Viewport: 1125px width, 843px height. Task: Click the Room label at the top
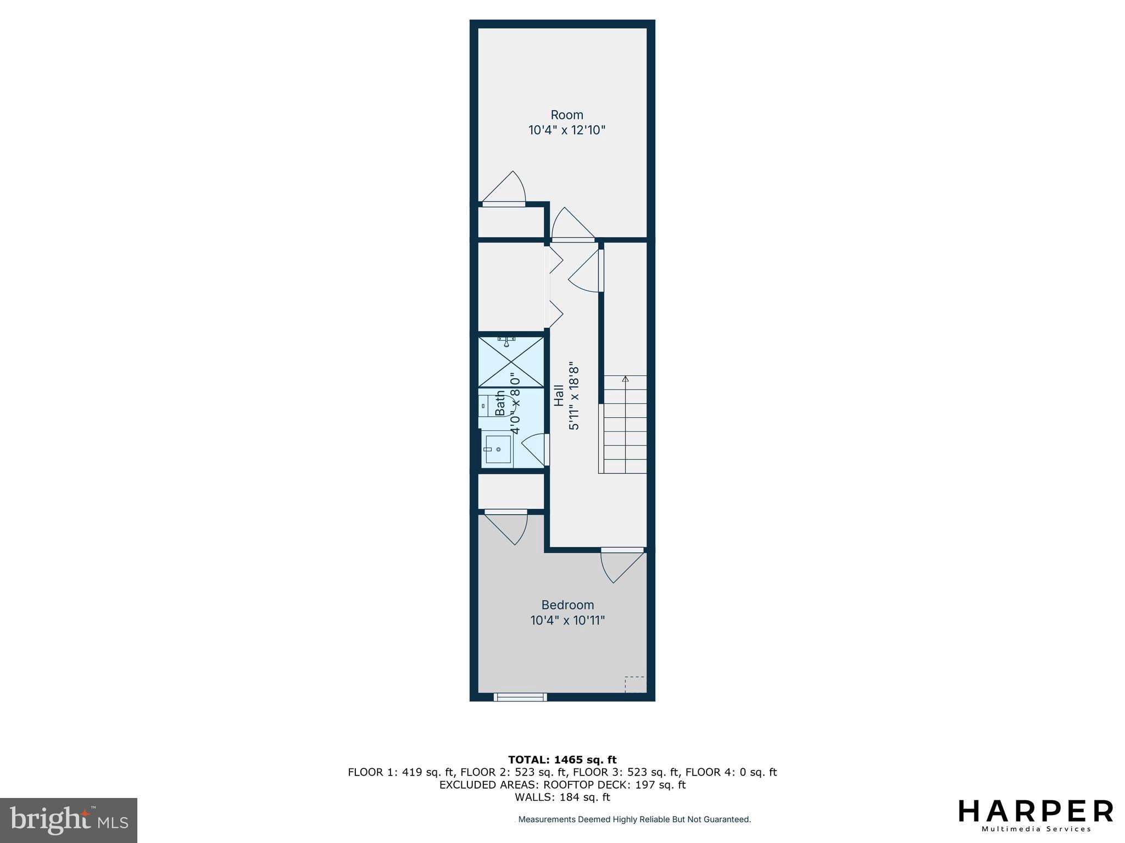[567, 115]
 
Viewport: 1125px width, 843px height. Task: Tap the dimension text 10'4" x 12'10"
[567, 131]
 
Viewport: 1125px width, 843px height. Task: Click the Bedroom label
[567, 605]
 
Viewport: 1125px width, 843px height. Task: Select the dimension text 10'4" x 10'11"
[567, 621]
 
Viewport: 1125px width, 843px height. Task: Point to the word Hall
[559, 395]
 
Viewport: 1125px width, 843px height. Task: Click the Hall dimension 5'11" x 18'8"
[575, 395]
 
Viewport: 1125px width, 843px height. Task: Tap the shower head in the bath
[509, 342]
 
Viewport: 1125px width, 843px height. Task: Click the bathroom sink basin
[498, 449]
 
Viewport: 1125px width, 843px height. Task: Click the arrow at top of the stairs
[625, 379]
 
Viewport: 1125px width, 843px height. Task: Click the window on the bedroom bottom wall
[520, 697]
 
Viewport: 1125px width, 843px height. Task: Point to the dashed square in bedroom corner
[634, 684]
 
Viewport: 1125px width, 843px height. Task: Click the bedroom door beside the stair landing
[622, 565]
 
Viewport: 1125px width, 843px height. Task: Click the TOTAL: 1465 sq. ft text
[562, 760]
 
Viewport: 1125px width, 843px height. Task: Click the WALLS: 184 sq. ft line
[562, 797]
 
